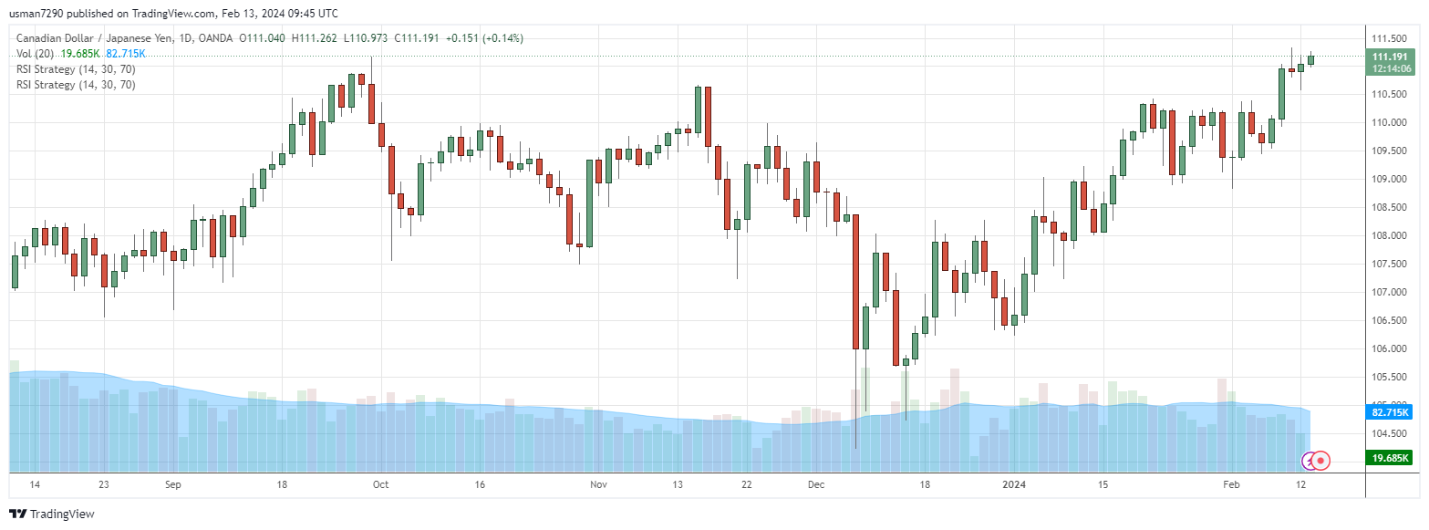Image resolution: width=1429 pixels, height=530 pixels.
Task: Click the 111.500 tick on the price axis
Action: click(1389, 38)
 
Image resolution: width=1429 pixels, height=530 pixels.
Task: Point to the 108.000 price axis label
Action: click(1389, 235)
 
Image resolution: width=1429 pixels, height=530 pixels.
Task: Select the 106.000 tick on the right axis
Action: click(1389, 348)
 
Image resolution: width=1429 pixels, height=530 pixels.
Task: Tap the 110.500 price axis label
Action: click(1389, 94)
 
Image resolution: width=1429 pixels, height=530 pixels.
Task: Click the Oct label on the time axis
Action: click(380, 484)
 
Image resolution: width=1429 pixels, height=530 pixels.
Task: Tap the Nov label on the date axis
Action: click(597, 484)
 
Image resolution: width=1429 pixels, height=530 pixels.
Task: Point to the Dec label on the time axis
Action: click(815, 484)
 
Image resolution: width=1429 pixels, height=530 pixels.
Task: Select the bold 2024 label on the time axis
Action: click(1013, 484)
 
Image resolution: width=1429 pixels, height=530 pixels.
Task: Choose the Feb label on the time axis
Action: click(1231, 484)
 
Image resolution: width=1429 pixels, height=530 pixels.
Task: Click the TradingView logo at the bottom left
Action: click(52, 514)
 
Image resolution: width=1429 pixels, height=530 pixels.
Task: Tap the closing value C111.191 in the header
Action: click(419, 38)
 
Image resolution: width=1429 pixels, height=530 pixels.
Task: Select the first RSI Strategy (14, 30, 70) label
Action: click(76, 69)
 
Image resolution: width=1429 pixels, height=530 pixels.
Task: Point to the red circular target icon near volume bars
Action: click(1320, 461)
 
